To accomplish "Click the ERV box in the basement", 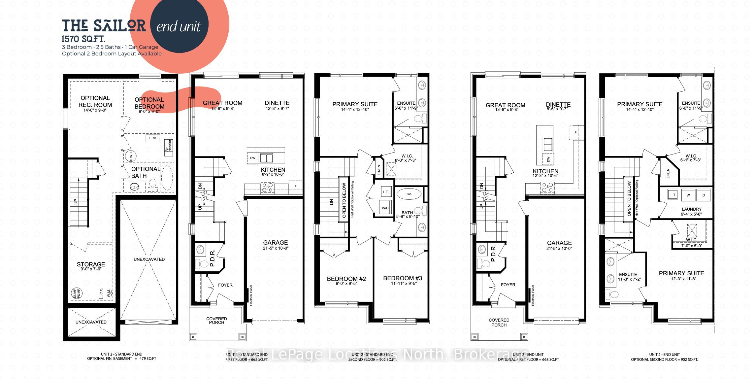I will [152, 138].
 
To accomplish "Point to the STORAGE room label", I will [91, 264].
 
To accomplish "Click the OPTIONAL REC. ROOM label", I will [95, 101].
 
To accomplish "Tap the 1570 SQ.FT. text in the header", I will [83, 39].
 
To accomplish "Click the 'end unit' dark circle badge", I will [179, 26].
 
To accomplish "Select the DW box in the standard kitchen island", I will [252, 158].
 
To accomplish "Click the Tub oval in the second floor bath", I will [409, 194].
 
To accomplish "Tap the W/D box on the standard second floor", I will [385, 208].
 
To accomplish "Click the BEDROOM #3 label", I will [402, 278].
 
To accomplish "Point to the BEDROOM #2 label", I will [346, 279].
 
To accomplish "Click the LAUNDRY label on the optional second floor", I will [691, 209].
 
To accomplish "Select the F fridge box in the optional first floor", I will [576, 132].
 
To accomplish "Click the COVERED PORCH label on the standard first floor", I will [216, 321].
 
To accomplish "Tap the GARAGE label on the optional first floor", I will [559, 243].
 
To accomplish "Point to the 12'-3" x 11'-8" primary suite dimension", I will [681, 279].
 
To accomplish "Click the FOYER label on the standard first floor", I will [225, 285].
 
